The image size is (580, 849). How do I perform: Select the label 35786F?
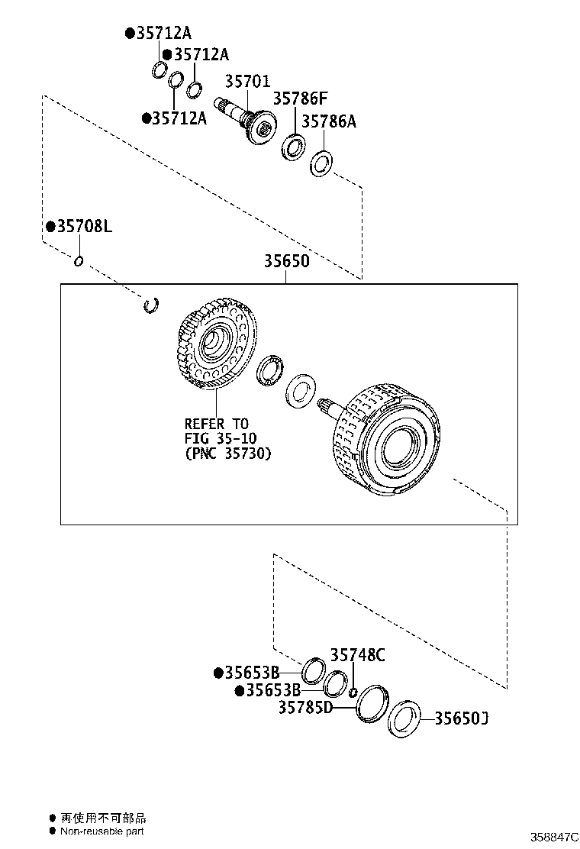(300, 98)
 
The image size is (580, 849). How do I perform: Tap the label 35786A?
(328, 121)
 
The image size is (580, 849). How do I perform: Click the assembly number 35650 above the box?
(287, 261)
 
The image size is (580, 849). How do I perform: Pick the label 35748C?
(357, 654)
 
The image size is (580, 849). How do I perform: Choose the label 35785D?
(305, 708)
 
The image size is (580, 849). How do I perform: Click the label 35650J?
(461, 718)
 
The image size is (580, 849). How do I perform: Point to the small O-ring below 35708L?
(78, 262)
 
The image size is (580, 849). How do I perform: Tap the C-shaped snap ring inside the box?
(152, 305)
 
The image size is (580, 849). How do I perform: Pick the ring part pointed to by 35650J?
(404, 720)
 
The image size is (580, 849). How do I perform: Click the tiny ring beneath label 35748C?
(353, 692)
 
